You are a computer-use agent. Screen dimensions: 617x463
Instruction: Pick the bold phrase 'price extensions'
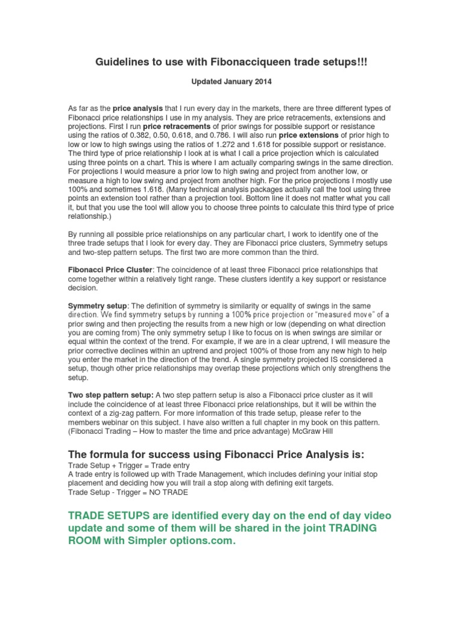309,136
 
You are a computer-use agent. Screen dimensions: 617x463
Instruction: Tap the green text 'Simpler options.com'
178,541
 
